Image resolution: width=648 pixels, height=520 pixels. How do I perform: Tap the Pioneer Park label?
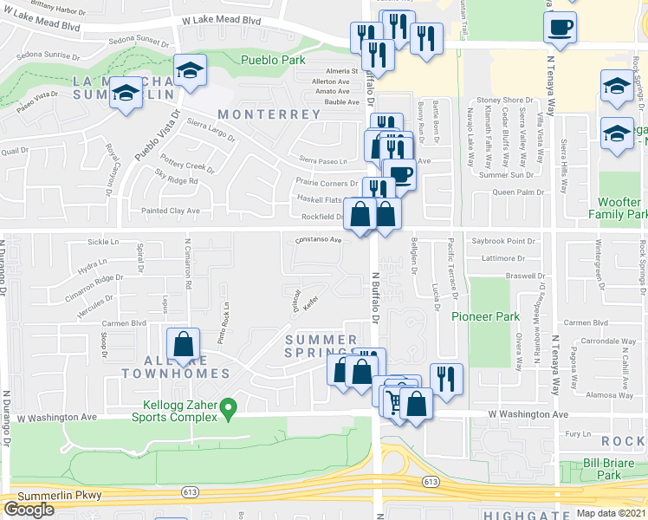485,316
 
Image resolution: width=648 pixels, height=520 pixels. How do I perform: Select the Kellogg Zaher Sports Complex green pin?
228,406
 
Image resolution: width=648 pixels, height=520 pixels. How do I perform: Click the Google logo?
29,510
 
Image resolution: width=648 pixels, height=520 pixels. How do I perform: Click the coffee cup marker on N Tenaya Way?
560,27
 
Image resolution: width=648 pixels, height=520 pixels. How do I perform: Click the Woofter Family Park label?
618,208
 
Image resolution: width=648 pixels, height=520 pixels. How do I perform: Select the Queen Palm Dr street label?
517,192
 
